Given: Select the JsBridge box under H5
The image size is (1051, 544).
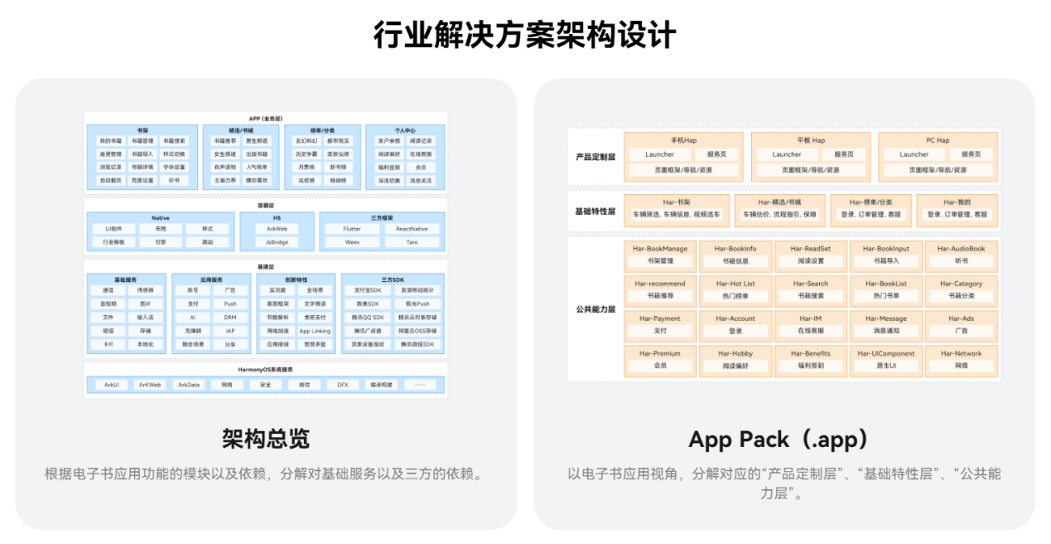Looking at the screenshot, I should pos(277,242).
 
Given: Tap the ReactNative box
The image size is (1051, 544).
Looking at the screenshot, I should pos(412,229).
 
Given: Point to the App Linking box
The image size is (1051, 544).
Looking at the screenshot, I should pos(315,331).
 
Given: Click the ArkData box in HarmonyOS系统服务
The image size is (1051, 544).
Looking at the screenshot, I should pos(189,385).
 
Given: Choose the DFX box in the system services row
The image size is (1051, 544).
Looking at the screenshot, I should pos(342,385).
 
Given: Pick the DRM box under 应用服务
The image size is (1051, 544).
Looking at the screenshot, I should pos(229,318).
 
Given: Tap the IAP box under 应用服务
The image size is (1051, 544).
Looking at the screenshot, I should pos(229,331).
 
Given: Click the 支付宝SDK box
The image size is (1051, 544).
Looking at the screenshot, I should pos(367,290).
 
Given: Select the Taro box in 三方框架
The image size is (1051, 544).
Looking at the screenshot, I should pos(412,242).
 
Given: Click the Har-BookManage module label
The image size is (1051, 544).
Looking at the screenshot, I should pos(661,249).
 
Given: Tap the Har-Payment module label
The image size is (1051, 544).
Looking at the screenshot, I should pos(660,318).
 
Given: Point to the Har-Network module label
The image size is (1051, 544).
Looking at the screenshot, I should pos(961,353).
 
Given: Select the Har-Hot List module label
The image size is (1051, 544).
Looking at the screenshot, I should pos(735,284).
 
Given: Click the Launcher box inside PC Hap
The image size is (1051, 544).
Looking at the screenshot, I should pos(914,154).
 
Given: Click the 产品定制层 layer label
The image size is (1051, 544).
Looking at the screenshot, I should pos(595,156).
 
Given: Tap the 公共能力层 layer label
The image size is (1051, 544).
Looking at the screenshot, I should pos(595,308).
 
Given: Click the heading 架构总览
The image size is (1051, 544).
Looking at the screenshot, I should pos(265,439).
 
